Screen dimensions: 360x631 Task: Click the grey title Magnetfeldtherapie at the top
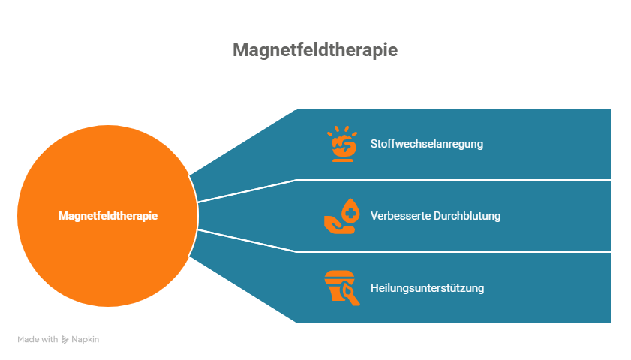(315, 50)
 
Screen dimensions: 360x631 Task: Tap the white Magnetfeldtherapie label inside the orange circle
(108, 215)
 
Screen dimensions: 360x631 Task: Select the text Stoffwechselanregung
(427, 144)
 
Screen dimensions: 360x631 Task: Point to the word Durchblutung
(465, 216)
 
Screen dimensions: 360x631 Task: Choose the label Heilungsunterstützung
(427, 288)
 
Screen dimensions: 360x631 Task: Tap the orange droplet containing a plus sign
(350, 208)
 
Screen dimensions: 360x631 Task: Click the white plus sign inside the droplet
(350, 211)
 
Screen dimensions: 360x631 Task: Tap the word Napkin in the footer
(86, 339)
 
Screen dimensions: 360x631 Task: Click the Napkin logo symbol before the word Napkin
(65, 339)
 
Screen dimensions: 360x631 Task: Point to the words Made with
(38, 339)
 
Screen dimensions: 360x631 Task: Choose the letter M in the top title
(240, 50)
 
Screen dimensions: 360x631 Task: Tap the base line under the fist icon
(343, 159)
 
